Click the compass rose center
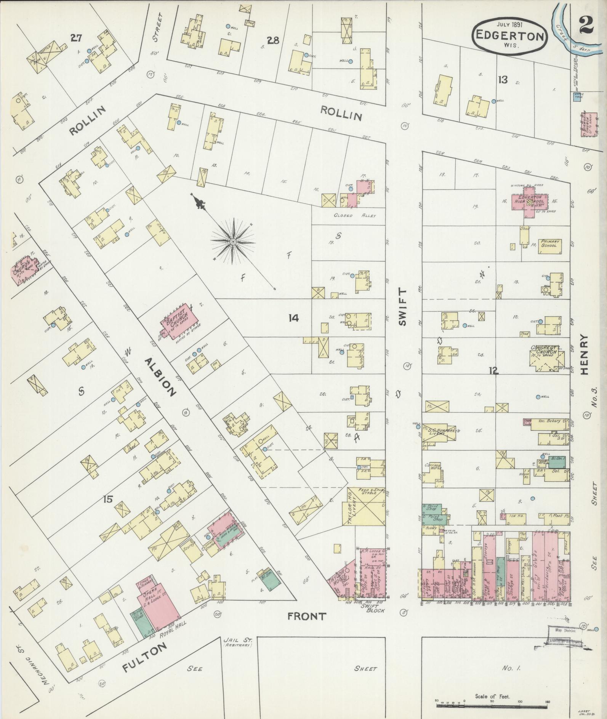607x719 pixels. click(x=232, y=242)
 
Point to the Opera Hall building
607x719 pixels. click(x=159, y=608)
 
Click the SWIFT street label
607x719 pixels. click(x=402, y=307)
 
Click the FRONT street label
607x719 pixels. click(x=307, y=627)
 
